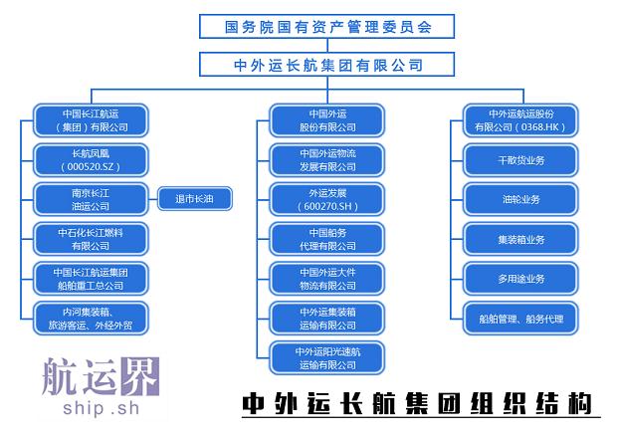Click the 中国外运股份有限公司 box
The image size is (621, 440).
(x=327, y=120)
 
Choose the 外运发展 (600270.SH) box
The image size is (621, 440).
(x=327, y=199)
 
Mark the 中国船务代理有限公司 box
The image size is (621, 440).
(x=327, y=239)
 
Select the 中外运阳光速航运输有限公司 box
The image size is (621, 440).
(x=327, y=357)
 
